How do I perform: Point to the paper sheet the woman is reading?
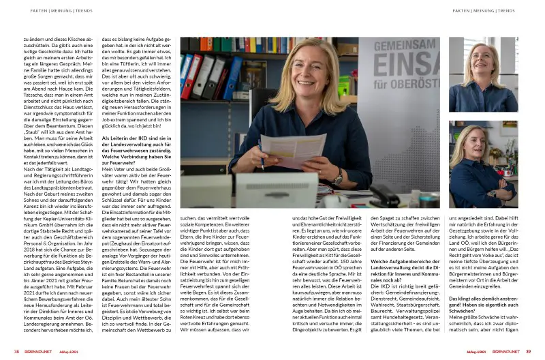275,149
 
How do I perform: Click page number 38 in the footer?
16,352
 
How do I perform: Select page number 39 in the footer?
527,352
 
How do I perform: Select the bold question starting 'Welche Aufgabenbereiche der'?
403,267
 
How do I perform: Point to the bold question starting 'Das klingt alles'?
483,303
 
